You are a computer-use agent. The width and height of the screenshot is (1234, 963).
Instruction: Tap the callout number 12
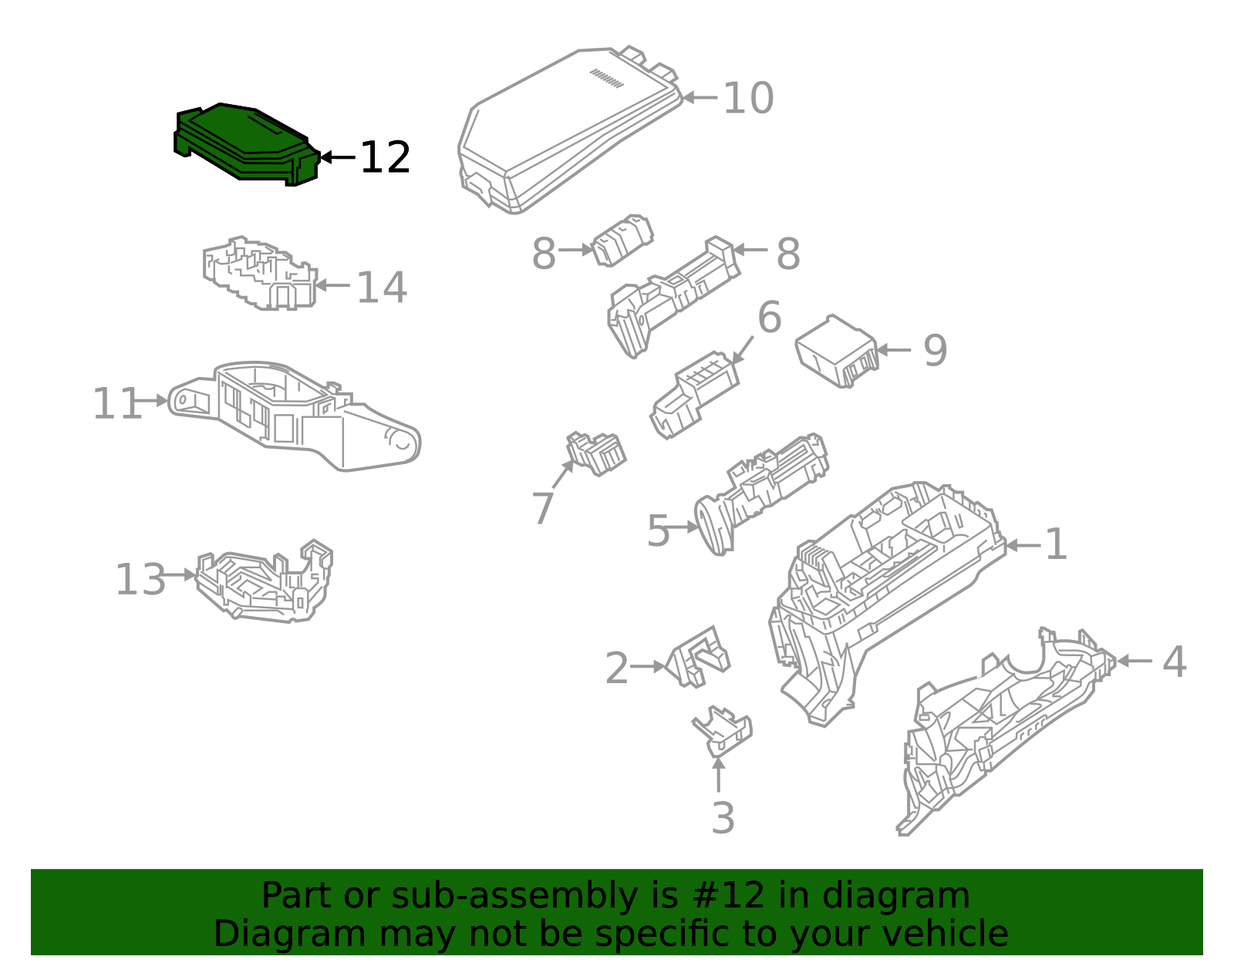[x=385, y=158]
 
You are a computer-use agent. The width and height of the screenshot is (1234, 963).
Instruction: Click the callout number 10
[x=748, y=98]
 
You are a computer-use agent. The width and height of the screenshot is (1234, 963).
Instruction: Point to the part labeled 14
[x=259, y=274]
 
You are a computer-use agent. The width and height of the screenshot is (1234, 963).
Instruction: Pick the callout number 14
[x=382, y=288]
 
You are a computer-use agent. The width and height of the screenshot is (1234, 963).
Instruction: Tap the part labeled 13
[x=264, y=581]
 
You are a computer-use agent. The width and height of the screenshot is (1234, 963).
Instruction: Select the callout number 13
[x=140, y=579]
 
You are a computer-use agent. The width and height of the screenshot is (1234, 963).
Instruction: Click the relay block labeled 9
[x=837, y=352]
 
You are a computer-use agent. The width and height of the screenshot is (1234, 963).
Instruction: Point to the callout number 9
[x=936, y=350]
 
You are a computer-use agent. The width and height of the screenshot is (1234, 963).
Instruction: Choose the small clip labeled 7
[x=595, y=453]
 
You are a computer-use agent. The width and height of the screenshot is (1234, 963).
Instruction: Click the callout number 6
[x=770, y=317]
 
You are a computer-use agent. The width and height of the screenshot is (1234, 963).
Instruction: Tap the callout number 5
[x=658, y=530]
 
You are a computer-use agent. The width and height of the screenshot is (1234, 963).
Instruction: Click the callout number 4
[x=1175, y=661]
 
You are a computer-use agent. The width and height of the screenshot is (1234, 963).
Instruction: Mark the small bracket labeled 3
[x=723, y=732]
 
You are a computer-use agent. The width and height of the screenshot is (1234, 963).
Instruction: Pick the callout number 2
[x=617, y=668]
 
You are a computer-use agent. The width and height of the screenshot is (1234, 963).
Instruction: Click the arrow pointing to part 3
[x=719, y=775]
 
